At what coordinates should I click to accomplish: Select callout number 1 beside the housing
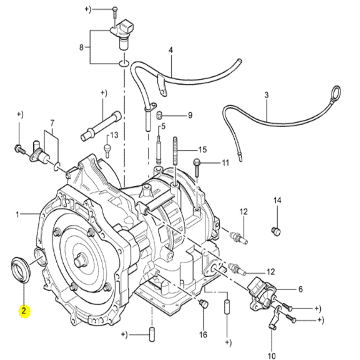[18, 214]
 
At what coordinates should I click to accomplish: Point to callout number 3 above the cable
[267, 95]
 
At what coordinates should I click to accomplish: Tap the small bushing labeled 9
[160, 115]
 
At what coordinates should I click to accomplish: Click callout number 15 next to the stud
[203, 149]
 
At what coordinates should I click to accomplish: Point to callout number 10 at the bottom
[271, 356]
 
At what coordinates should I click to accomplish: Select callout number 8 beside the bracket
[82, 47]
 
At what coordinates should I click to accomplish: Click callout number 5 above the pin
[163, 126]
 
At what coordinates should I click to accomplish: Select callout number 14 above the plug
[277, 200]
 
